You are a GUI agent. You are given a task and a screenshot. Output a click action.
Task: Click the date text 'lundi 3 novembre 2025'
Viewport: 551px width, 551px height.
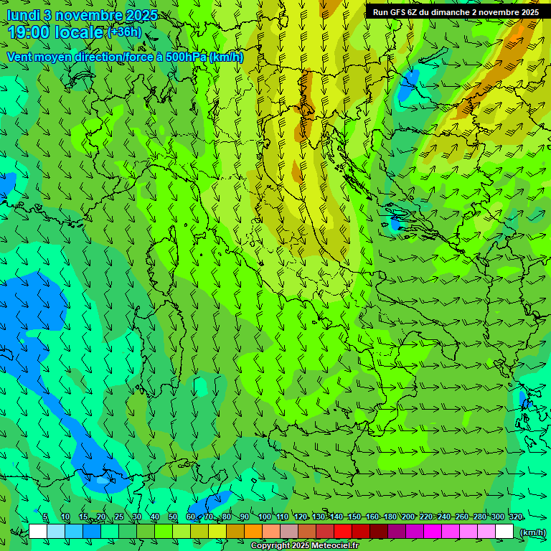[x=82, y=15]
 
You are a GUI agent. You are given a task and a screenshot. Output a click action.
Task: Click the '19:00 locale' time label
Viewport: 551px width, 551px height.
[x=55, y=32]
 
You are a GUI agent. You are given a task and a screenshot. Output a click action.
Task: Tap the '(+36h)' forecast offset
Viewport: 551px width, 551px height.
[x=124, y=32]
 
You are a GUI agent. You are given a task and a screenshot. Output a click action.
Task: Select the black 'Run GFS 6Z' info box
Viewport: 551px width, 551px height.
[x=456, y=11]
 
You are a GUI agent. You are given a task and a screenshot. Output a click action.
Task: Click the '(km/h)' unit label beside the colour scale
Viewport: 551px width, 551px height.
[x=532, y=532]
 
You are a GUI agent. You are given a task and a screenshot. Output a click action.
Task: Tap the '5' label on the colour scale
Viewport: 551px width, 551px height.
[x=45, y=517]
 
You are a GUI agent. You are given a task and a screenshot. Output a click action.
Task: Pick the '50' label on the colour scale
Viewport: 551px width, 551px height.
[x=173, y=517]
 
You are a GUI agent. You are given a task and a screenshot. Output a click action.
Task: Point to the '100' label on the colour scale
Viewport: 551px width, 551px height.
[x=264, y=517]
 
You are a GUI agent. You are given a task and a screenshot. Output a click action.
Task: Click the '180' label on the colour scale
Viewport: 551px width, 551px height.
[x=390, y=517]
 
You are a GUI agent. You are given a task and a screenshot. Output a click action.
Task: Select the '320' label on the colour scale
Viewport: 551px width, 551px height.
[x=515, y=517]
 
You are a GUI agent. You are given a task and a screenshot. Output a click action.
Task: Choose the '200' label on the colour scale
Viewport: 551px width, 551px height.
[x=408, y=517]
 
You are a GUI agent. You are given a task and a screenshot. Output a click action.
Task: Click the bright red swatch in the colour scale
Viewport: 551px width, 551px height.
[x=343, y=532]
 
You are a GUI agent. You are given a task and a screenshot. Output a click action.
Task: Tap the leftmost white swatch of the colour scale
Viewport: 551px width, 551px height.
[x=38, y=532]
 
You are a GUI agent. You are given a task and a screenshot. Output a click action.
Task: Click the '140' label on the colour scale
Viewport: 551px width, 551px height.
[x=336, y=517]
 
